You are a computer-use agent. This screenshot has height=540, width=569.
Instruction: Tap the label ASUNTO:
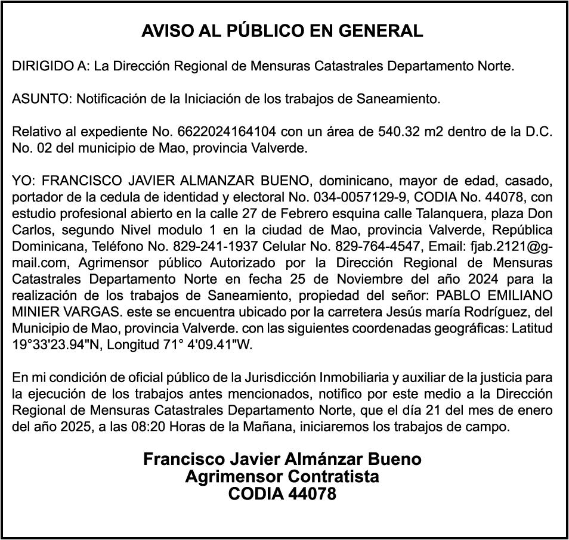(x=42, y=99)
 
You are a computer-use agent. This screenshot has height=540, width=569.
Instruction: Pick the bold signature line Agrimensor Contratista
(x=282, y=477)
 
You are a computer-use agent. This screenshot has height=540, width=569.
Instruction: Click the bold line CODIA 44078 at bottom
(x=282, y=494)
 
